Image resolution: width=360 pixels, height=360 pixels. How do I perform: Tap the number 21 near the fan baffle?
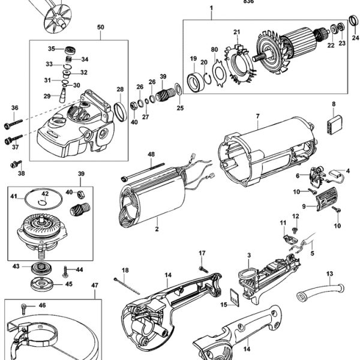pos(236,32)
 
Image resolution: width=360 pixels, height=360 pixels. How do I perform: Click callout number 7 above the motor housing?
pos(257,115)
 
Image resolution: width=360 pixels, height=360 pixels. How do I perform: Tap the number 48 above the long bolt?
pos(151,154)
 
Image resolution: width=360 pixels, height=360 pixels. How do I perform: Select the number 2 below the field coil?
pos(156,229)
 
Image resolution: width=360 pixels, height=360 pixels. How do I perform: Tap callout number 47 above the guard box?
pos(95,286)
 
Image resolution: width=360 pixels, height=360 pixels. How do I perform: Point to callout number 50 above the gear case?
pos(100,28)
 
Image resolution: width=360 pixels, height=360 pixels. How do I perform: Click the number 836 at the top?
pos(248,2)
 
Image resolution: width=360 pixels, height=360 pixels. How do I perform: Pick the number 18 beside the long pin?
pos(125,271)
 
